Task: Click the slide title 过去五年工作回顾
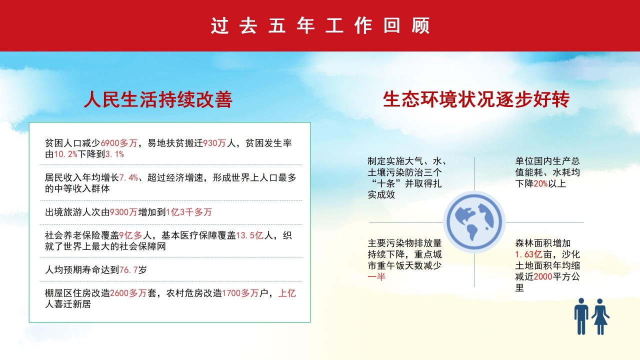pyautogui.click(x=320, y=26)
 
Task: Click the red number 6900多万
pyautogui.click(x=119, y=143)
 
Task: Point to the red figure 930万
pyautogui.click(x=214, y=143)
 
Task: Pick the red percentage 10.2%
pyautogui.click(x=65, y=154)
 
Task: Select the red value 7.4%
pyautogui.click(x=128, y=178)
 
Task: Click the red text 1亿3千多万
pyautogui.click(x=189, y=212)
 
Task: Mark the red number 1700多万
pyautogui.click(x=239, y=293)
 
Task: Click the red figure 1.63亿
pyautogui.click(x=528, y=254)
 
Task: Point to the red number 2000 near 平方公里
pyautogui.click(x=543, y=276)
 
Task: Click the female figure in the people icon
pyautogui.click(x=600, y=316)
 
